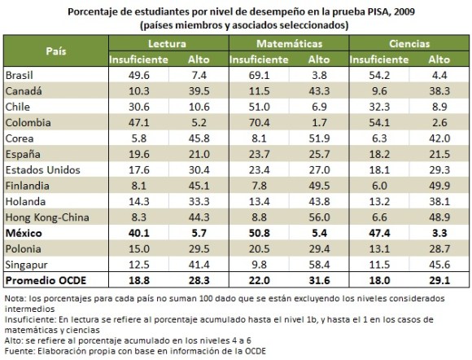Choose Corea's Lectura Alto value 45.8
tap(199, 138)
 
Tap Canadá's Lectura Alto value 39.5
tap(199, 90)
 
